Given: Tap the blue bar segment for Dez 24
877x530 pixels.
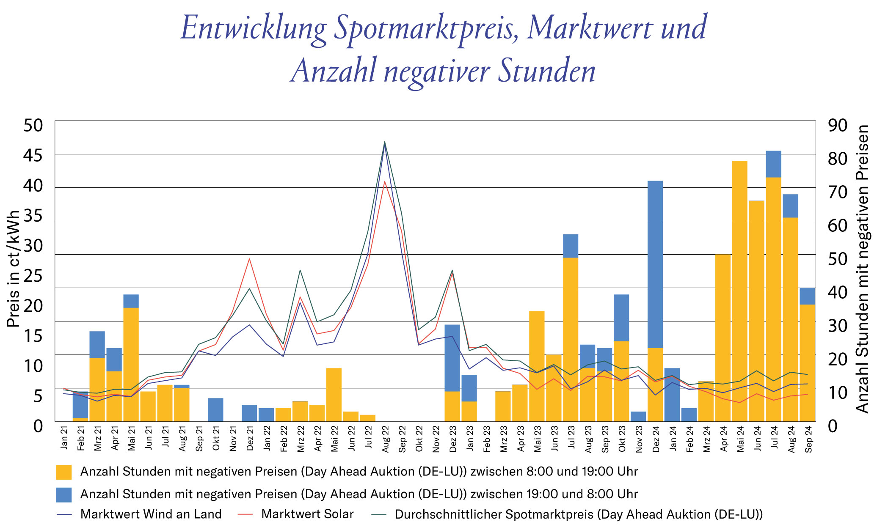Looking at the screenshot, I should pos(655,264).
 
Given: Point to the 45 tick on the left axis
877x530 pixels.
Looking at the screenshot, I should pos(33,156).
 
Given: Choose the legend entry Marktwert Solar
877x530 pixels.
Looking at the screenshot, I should pos(307,514).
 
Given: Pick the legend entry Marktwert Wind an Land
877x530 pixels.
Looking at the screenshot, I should pos(151,514).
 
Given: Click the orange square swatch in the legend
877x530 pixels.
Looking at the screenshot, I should pos(63,472).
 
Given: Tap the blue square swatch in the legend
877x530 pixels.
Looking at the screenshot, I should pos(63,494).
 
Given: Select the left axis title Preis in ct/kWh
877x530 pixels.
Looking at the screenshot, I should pos(14,269).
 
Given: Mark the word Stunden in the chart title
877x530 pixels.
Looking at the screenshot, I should pos(546,71).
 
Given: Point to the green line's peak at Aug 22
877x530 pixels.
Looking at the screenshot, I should pos(385,142).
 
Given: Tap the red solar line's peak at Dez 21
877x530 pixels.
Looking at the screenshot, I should pos(249,259).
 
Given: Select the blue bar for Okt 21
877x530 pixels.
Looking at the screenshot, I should pos(215,409).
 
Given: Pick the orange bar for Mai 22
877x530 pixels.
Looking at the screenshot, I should pos(334,395).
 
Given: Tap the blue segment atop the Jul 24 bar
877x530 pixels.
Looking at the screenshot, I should pos(773,164).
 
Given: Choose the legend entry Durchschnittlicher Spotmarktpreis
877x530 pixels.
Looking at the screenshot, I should pos(578,514).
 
